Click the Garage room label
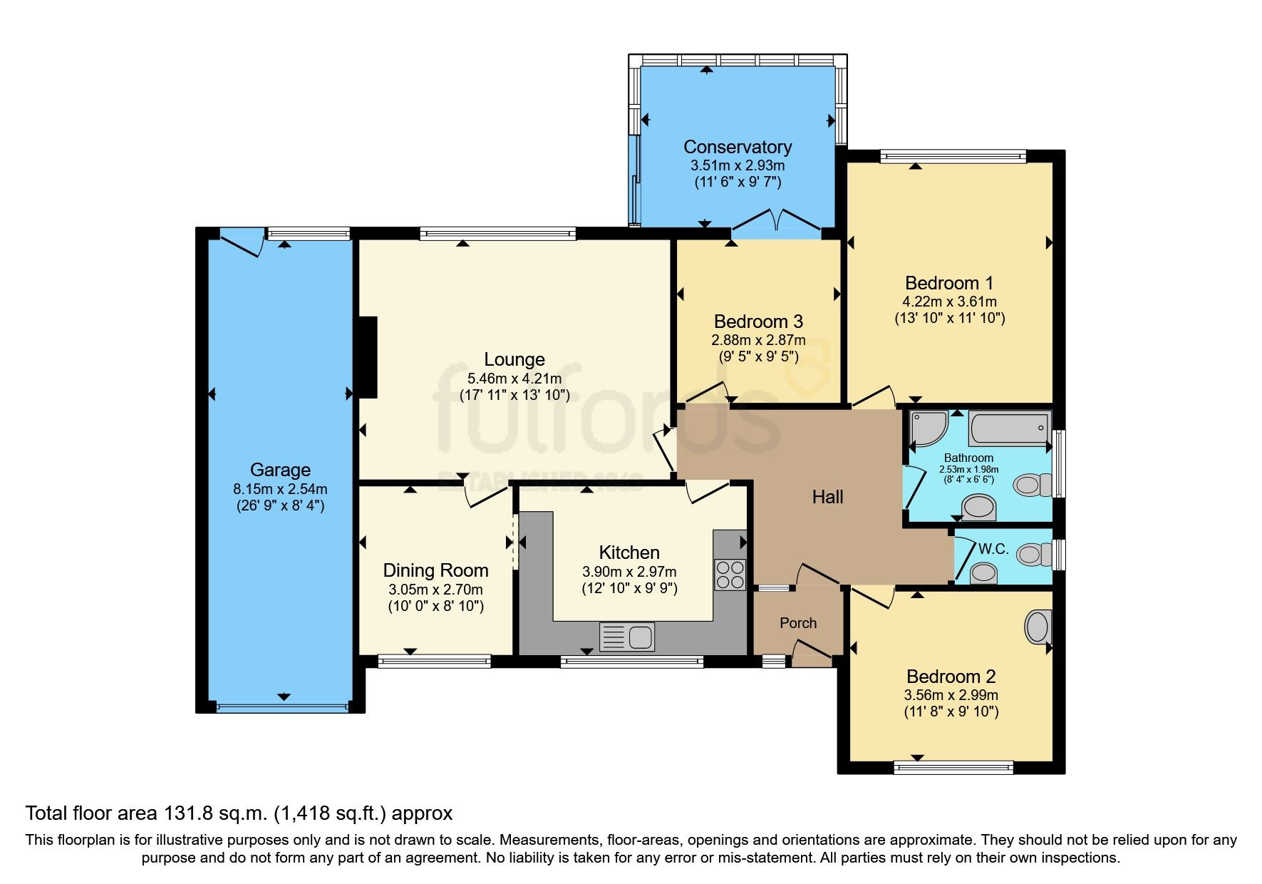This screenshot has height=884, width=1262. point(280,470)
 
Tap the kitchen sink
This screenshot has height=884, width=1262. point(627,637)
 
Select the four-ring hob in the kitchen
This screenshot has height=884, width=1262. point(730,575)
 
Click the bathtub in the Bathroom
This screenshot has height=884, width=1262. point(1010,428)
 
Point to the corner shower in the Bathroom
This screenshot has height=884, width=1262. point(928,428)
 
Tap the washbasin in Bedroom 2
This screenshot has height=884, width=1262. point(1038,627)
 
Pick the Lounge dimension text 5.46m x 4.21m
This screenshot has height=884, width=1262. point(514,379)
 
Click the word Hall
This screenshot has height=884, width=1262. point(827,497)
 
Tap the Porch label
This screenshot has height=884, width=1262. point(798,623)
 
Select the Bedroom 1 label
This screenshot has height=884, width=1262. point(949,283)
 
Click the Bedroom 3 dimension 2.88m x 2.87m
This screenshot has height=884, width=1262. point(758,340)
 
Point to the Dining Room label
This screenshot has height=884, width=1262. point(435,571)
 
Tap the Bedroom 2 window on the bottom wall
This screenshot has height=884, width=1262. point(953,768)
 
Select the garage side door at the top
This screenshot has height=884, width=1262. point(242,241)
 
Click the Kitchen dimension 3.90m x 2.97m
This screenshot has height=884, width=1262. point(629,572)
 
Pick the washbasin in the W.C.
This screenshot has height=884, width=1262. point(984,572)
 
